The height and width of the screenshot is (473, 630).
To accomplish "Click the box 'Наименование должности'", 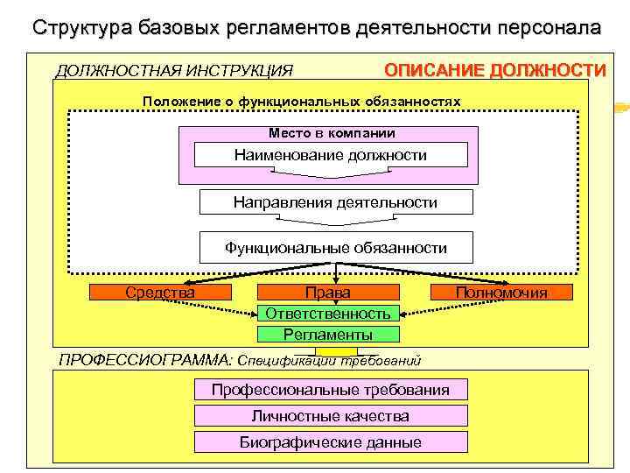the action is pyautogui.click(x=331, y=156).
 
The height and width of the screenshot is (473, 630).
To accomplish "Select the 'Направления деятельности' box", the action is pyautogui.click(x=335, y=202).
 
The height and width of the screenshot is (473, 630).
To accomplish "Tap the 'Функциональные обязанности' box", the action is pyautogui.click(x=336, y=248).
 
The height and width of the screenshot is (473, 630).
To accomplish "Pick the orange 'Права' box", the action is pyautogui.click(x=328, y=293).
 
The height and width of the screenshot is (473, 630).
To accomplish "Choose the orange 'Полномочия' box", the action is pyautogui.click(x=501, y=293).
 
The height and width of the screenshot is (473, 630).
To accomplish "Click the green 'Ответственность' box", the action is pyautogui.click(x=328, y=313).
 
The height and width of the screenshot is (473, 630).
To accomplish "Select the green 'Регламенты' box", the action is pyautogui.click(x=328, y=334).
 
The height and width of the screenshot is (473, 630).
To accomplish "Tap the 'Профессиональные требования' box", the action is pyautogui.click(x=331, y=390).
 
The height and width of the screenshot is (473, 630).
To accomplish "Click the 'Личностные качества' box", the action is pyautogui.click(x=331, y=416).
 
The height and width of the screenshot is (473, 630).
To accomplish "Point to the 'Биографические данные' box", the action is pyautogui.click(x=331, y=442).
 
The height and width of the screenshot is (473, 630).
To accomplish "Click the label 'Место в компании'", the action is pyautogui.click(x=332, y=133).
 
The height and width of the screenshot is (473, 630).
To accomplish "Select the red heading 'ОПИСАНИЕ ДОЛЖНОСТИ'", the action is pyautogui.click(x=495, y=70).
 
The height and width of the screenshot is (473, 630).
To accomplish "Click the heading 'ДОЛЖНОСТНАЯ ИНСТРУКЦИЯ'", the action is pyautogui.click(x=174, y=70).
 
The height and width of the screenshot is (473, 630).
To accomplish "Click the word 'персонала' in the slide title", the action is pyautogui.click(x=549, y=26).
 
